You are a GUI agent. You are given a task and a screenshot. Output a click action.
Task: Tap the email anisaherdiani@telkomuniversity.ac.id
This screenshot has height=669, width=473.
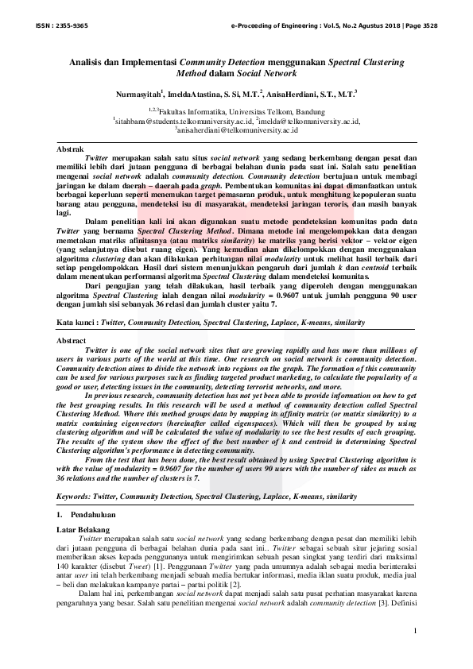237,130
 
